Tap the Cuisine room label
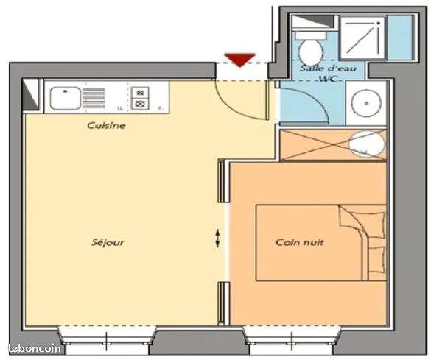pyautogui.click(x=106, y=125)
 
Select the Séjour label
pyautogui.click(x=108, y=242)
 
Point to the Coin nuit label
pyautogui.click(x=300, y=242)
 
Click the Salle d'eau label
pyautogui.click(x=328, y=68)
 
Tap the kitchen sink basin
pyautogui.click(x=66, y=98)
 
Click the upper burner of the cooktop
pyautogui.click(x=140, y=93)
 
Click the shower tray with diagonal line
pyautogui.click(x=362, y=38)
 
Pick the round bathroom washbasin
pyautogui.click(x=367, y=103)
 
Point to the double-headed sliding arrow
pyautogui.click(x=217, y=239)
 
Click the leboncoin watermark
pyautogui.click(x=35, y=348)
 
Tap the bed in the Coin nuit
pyautogui.click(x=321, y=243)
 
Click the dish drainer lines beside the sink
pyautogui.click(x=94, y=98)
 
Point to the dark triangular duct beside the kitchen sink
pyautogui.click(x=31, y=95)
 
